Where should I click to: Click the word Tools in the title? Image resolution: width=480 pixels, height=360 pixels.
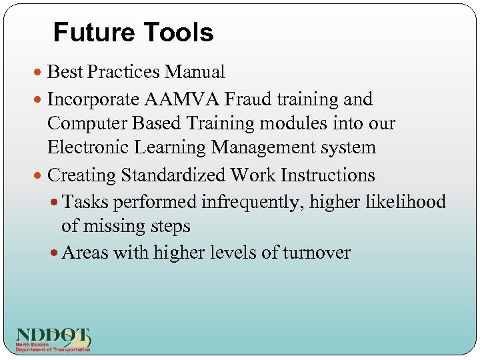tap(181, 32)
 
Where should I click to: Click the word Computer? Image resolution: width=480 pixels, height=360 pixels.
tap(87, 124)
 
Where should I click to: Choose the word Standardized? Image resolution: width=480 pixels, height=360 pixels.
tap(173, 175)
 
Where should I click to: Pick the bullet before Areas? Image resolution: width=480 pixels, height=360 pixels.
tap(55, 253)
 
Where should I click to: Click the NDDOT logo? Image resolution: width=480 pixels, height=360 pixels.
tap(53, 339)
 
